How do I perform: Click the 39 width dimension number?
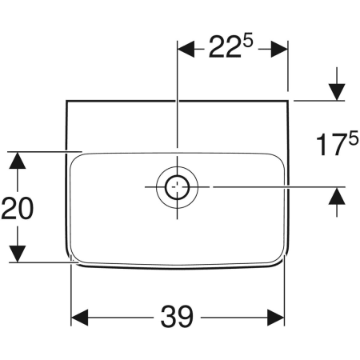click(177, 317)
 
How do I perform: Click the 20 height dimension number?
click(18, 208)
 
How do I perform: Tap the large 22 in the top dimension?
click(225, 47)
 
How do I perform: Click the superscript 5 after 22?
click(247, 42)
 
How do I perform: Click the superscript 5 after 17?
click(354, 139)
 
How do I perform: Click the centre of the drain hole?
click(178, 187)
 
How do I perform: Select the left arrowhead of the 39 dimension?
click(80, 318)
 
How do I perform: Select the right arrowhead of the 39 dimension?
click(276, 318)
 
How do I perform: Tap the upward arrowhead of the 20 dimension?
click(18, 160)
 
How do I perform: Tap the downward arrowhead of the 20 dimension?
click(18, 254)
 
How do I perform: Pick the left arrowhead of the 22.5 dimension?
click(186, 49)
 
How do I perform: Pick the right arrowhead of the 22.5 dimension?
click(279, 49)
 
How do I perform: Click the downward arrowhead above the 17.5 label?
click(337, 92)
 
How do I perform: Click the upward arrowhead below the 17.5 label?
click(337, 196)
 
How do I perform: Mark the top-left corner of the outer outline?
click(66, 101)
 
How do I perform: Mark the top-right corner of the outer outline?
click(288, 101)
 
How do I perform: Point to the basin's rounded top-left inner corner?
click(74, 158)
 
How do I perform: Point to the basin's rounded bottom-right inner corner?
click(280, 260)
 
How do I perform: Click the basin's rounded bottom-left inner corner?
click(75, 258)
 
